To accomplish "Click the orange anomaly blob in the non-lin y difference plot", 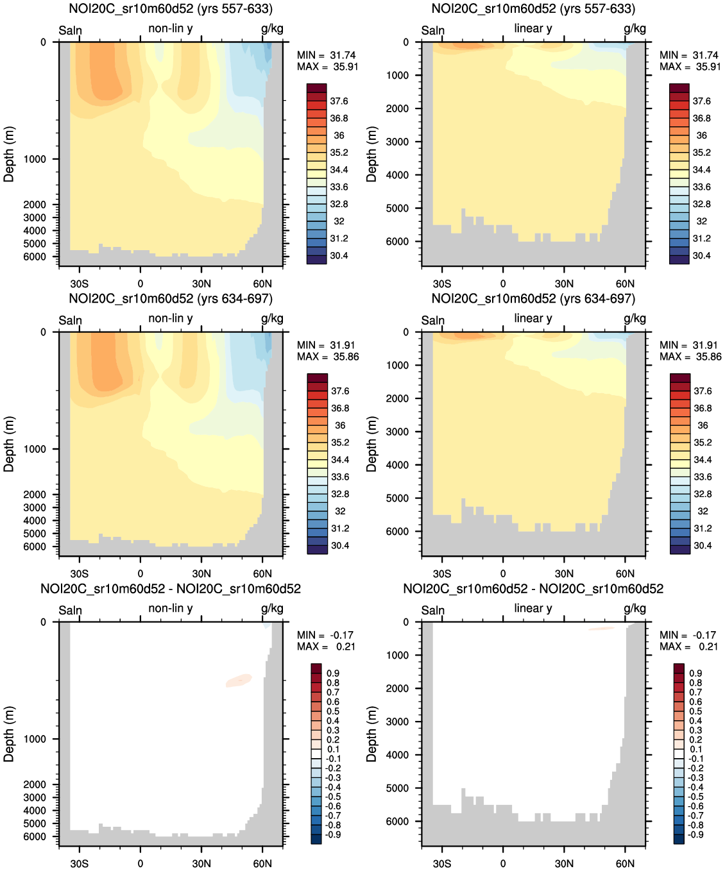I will (239, 681).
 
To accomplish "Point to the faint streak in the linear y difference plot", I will (601, 629).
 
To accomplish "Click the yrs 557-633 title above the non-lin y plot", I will (171, 9).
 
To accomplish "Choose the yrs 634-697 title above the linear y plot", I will (533, 299).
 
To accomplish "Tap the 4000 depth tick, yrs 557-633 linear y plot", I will (397, 175).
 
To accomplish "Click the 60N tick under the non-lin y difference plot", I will (262, 863).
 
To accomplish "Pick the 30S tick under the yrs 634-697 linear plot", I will (441, 573).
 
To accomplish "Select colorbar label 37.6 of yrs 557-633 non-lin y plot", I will (339, 101).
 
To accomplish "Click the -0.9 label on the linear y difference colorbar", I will (695, 834).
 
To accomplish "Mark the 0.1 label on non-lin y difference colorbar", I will (333, 749).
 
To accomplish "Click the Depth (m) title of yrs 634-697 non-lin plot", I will (9, 444).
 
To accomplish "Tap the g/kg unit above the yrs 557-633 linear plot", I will (635, 29).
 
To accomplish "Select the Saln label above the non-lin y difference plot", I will (70, 610).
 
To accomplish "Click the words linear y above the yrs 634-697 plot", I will (533, 319).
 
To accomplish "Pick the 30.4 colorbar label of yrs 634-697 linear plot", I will (703, 546).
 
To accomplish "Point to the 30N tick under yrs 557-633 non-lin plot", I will (201, 283).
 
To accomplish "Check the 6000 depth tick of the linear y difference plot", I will (397, 822).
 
